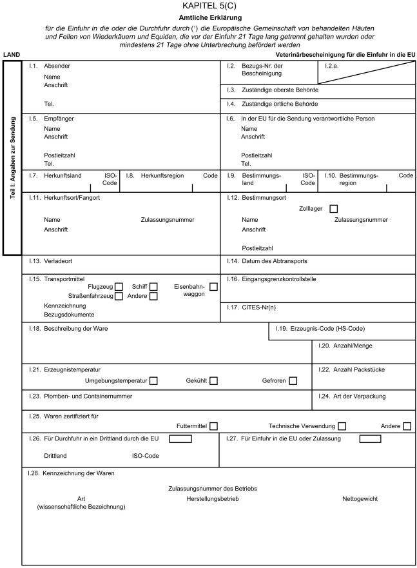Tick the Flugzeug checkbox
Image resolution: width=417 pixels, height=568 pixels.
pyautogui.click(x=119, y=286)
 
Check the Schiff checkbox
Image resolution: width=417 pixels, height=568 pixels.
pyautogui.click(x=153, y=286)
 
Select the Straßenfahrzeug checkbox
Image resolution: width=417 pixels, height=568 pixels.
pyautogui.click(x=119, y=297)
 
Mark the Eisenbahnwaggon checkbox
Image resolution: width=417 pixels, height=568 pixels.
pyautogui.click(x=213, y=286)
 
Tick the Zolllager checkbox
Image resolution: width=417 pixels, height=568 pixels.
pyautogui.click(x=333, y=209)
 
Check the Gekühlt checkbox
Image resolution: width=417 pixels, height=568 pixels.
pyautogui.click(x=213, y=381)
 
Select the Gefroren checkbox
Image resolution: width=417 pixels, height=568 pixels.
pyautogui.click(x=293, y=381)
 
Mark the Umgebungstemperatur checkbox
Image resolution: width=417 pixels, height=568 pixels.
pyautogui.click(x=153, y=381)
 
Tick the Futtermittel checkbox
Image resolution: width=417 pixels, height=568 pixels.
pyautogui.click(x=213, y=426)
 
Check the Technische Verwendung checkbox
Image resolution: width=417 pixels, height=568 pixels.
pyautogui.click(x=342, y=426)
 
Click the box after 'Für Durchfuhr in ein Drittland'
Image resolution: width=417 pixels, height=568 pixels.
pyautogui.click(x=180, y=440)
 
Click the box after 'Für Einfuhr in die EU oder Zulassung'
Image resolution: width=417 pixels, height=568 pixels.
pyautogui.click(x=370, y=440)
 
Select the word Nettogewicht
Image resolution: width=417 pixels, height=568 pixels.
pyautogui.click(x=360, y=499)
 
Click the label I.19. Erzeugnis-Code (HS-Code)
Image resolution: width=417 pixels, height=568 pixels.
pyautogui.click(x=320, y=329)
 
